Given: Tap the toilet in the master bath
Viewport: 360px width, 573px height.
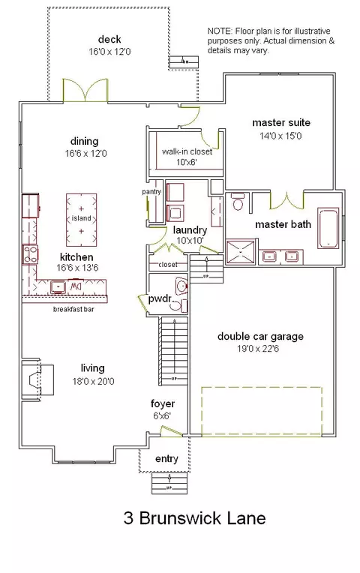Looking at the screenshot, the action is click(238, 202).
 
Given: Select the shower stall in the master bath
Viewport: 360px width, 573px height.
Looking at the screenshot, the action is click(240, 251).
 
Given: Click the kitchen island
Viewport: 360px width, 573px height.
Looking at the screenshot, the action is click(81, 219).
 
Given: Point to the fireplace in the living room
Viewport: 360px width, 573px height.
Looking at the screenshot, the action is click(37, 379).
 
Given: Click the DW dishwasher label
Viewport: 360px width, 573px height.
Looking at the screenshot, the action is click(75, 285).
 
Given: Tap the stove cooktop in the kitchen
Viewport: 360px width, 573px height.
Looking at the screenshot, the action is click(30, 254).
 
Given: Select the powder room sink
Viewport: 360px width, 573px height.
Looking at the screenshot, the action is click(181, 286).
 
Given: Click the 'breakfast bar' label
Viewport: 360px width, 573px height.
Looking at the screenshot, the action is click(73, 309).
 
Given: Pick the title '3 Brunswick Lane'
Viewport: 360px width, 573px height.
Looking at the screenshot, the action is click(194, 518).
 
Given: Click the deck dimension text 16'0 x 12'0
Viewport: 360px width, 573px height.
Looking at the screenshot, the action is click(109, 52).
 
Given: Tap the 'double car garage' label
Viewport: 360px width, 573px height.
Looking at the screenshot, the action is click(260, 336).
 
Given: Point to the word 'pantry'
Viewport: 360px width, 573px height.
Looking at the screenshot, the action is click(151, 191).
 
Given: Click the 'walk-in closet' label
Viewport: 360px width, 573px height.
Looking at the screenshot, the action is click(187, 151).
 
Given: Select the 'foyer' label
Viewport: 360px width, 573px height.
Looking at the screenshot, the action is click(163, 403).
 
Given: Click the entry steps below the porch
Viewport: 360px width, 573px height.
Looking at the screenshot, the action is click(170, 483).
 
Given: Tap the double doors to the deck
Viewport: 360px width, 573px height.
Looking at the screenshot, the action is click(85, 90).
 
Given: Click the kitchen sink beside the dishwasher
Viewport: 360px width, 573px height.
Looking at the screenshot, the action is click(58, 286).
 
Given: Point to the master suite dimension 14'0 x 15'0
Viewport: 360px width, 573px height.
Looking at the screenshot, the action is click(280, 136).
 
